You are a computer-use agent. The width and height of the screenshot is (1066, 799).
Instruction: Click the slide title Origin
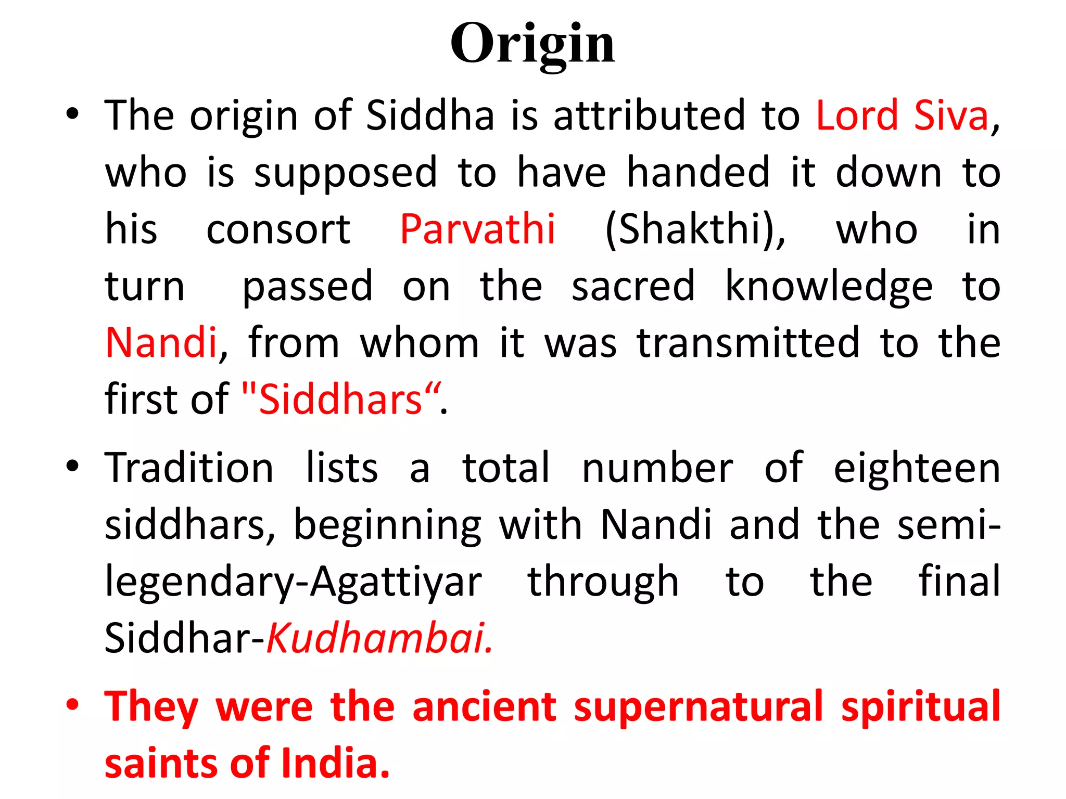click(532, 44)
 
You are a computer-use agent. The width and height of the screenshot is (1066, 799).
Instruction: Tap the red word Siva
click(951, 115)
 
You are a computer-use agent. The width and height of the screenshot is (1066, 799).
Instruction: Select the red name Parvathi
click(477, 229)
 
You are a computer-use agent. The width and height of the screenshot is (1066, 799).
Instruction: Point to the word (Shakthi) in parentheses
click(695, 230)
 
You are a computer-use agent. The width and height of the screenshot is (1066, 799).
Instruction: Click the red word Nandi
click(161, 343)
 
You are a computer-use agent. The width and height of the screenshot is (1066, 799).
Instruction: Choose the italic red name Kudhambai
click(378, 638)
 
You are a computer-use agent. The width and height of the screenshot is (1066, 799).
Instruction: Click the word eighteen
click(917, 468)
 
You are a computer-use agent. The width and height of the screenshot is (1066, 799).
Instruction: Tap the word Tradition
click(189, 468)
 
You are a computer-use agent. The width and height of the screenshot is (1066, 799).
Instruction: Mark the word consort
click(278, 229)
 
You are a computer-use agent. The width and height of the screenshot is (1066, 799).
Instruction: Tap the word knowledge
click(829, 287)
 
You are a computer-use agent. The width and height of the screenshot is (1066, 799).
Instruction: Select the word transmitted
click(748, 343)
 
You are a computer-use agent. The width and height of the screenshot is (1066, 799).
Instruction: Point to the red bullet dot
click(72, 705)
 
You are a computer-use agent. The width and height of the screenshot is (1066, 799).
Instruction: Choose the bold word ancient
click(484, 706)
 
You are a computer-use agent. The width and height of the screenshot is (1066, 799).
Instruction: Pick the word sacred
click(633, 287)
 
